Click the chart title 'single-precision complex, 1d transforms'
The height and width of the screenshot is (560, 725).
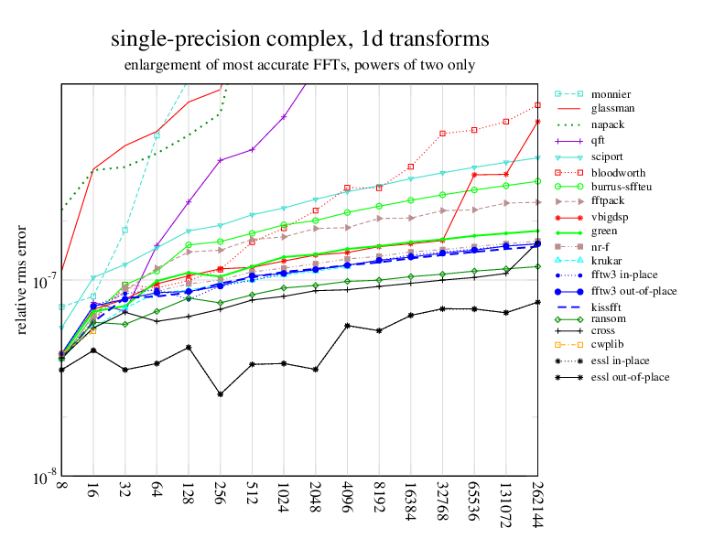(x=299, y=39)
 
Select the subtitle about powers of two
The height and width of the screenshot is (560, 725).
(x=299, y=65)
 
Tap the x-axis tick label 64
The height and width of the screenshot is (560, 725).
(x=157, y=495)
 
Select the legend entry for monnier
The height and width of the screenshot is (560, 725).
(x=611, y=94)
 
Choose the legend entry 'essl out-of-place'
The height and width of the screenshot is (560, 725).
(x=630, y=376)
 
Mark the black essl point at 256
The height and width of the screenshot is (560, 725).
(x=220, y=394)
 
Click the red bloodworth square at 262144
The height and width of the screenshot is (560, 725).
(x=537, y=105)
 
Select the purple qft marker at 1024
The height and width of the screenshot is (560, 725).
(x=284, y=116)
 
